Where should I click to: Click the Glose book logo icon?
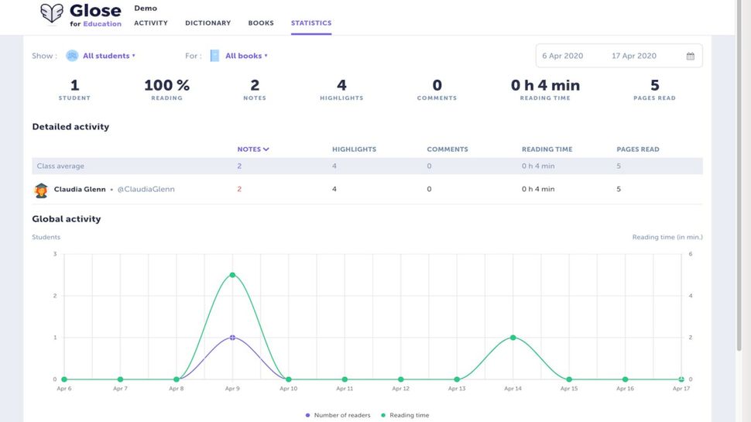tap(52, 13)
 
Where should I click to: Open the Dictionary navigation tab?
tap(207, 23)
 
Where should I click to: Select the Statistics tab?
tap(311, 23)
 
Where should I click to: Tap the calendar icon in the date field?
tap(690, 56)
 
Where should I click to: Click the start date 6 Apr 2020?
tap(563, 56)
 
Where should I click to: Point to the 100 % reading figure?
tap(166, 85)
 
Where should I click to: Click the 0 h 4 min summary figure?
tap(545, 85)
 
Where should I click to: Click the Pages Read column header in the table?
tap(637, 149)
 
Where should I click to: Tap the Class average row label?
tap(60, 166)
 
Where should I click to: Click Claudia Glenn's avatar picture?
tap(41, 190)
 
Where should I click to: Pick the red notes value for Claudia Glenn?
tap(239, 189)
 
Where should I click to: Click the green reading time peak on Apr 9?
tap(232, 275)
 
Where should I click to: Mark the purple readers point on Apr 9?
tap(232, 338)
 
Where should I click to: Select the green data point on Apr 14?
tap(513, 338)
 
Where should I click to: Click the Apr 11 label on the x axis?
tap(345, 389)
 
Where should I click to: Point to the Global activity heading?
tap(67, 219)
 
